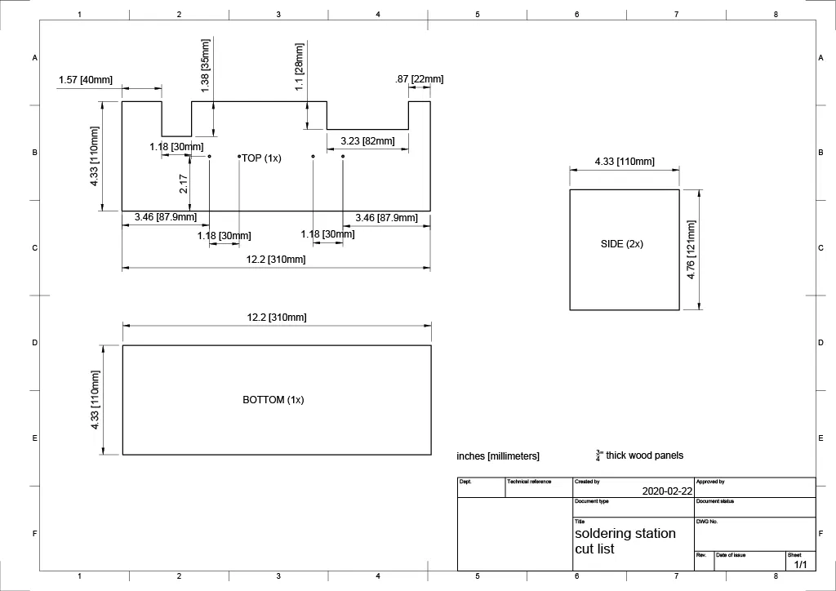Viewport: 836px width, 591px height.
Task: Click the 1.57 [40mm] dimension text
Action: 86,80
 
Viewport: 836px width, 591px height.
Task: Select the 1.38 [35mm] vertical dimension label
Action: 206,65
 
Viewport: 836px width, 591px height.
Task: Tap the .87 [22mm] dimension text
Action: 419,79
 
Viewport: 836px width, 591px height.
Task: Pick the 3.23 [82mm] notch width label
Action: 367,141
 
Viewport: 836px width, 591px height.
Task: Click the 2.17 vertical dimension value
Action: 184,184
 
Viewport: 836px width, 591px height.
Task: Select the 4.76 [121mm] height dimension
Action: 691,250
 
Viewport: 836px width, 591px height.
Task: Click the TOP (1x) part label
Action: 261,158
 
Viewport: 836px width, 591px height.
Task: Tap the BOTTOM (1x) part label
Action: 273,400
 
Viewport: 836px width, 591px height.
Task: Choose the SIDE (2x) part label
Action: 622,244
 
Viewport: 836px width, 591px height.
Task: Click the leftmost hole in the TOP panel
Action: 209,156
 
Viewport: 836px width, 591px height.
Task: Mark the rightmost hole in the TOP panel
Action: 343,156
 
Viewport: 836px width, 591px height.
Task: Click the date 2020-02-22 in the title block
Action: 667,491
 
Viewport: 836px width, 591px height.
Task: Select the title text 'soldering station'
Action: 625,533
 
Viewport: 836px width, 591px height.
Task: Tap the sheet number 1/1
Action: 799,564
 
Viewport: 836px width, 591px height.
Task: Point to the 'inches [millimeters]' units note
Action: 498,456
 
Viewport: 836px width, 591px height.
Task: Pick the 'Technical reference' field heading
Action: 529,482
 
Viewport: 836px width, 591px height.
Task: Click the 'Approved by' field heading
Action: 710,482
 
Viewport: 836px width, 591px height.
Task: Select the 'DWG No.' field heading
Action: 707,521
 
